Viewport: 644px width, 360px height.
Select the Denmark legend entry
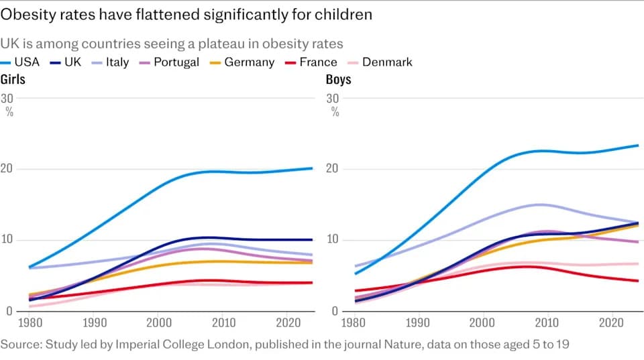point(380,62)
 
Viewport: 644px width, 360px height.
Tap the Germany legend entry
point(242,62)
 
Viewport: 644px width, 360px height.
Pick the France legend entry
point(311,62)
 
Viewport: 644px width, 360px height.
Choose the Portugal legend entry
point(169,62)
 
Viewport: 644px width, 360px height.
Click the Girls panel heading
point(13,79)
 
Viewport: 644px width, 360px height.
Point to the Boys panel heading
point(338,79)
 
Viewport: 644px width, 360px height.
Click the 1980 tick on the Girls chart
point(30,322)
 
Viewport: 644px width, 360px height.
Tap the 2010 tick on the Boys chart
point(547,322)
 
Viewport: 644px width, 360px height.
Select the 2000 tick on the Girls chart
point(159,322)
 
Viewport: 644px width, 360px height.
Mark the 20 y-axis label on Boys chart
point(333,169)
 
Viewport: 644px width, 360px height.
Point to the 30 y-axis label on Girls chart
point(7,99)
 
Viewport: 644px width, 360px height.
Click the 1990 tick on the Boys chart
point(418,322)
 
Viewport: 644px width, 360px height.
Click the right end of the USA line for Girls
point(312,168)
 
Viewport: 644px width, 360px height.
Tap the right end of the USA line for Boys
point(638,145)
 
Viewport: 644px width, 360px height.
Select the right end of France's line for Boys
point(638,281)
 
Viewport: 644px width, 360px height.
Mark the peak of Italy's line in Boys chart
point(540,204)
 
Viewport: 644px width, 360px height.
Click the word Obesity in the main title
point(29,15)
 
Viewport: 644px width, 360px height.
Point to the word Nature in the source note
point(404,344)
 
